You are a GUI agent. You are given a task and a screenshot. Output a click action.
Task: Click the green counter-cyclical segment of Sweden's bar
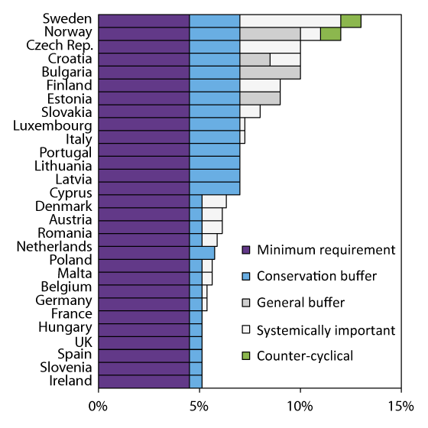click(351, 20)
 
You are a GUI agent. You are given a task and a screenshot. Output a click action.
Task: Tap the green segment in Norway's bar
click(330, 33)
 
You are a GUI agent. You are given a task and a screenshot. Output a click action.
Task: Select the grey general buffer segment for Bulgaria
click(270, 73)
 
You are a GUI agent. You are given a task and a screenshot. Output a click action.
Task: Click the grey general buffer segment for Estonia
click(260, 99)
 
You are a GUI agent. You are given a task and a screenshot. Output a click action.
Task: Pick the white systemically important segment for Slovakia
click(250, 112)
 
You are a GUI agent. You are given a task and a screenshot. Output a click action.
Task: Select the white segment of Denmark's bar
click(214, 206)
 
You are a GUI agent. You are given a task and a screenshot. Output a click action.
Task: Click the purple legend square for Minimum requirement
click(246, 250)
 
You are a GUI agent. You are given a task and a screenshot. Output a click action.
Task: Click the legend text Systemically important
click(326, 330)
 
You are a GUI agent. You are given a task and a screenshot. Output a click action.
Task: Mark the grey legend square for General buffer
click(246, 303)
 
